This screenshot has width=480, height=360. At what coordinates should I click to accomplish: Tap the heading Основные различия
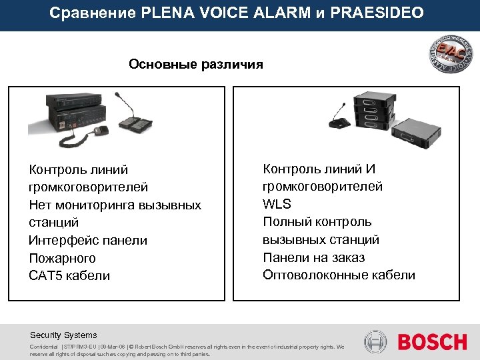[x=196, y=65]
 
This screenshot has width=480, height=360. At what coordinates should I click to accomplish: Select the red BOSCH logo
[x=433, y=342]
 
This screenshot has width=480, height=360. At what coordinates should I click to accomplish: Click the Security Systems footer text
[x=63, y=335]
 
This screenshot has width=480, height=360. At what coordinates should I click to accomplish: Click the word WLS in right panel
[x=277, y=204]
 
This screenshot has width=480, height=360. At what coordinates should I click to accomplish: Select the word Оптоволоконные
[x=313, y=275]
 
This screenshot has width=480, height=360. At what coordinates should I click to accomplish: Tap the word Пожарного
[x=62, y=258]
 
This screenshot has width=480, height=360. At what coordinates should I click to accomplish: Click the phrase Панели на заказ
[x=313, y=257]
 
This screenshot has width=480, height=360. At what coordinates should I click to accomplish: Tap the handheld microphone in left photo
[x=102, y=131]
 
